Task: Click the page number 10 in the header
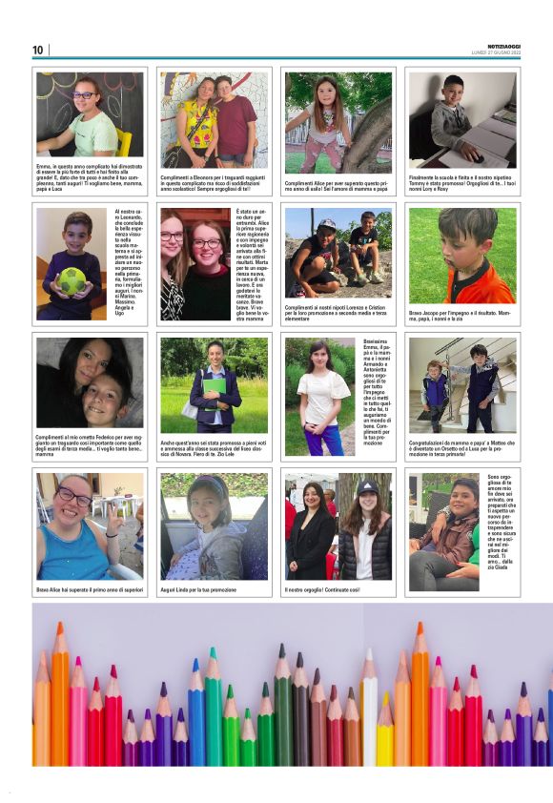tap(38, 50)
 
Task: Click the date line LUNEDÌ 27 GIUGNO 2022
tap(496, 52)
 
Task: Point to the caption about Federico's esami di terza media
tap(90, 445)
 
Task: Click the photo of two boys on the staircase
tap(462, 384)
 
